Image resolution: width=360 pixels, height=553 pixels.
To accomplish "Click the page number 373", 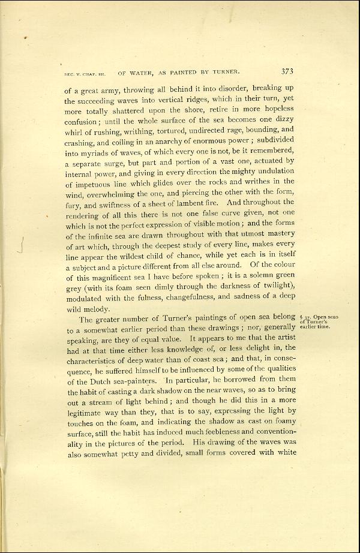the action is tap(287, 71).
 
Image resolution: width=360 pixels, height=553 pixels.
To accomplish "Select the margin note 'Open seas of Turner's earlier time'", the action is tap(314, 321).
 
